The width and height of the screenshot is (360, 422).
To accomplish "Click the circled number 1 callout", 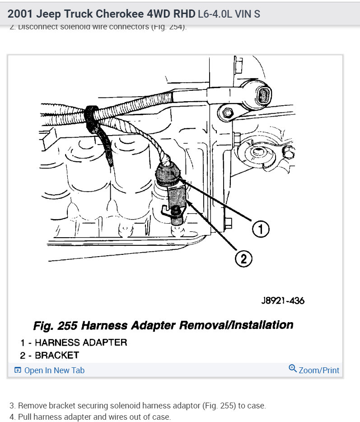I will click(x=260, y=230).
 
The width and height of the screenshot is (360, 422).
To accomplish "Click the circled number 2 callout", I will click(x=243, y=258).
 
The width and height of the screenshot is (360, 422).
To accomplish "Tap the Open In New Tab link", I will click(x=54, y=370).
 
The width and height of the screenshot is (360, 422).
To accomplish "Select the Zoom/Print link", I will click(x=318, y=370).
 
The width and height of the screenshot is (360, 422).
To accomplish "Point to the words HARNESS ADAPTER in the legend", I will click(x=80, y=342).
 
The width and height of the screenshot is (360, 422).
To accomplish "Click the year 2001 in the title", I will click(x=20, y=14).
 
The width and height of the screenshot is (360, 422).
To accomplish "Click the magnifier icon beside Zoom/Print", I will click(x=292, y=369).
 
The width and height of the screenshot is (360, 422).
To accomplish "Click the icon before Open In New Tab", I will click(x=18, y=370).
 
